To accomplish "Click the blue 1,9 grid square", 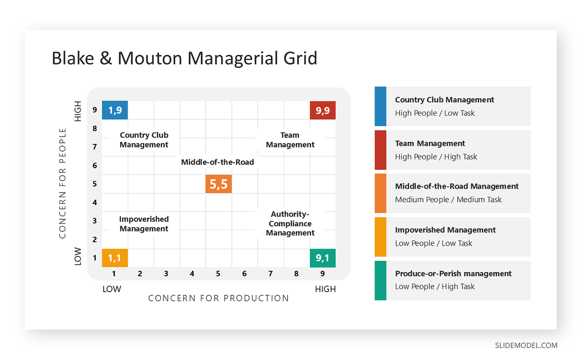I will pos(115,110).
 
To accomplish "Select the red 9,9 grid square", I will pos(322,110).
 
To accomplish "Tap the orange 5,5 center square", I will pos(218,184).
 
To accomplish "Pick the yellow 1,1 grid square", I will pos(115,258).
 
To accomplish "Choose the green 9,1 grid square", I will pos(322,258).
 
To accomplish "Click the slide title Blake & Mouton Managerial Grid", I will pos(184,58).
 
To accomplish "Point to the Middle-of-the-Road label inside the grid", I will pos(217,162).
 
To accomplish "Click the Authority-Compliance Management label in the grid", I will pos(290,223).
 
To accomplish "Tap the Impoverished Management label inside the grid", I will pos(144,224).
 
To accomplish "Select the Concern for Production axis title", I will pos(218,298).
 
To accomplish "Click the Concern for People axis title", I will pos(62,183).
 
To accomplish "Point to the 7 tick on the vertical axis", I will pos(95,147).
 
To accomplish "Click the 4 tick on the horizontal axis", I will pos(192,274).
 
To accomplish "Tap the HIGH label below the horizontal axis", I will pos(325,289).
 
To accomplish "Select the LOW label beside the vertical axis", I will pos(78,257).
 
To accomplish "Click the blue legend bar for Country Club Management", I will pos(381,106).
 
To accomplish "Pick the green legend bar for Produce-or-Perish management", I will pos(381,281).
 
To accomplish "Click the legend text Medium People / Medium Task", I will pos(448,200).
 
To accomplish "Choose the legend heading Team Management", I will pos(430,143).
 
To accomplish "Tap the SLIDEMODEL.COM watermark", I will pos(526,345).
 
